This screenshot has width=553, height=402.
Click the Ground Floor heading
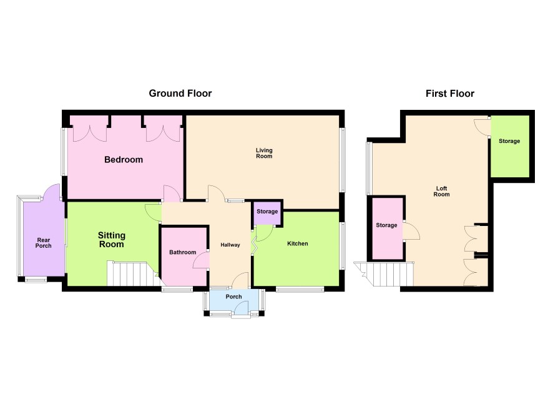coord(180,94)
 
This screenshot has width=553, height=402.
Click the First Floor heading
coord(449,94)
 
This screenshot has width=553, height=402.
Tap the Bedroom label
coord(124,159)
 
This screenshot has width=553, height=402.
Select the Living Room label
coord(264,153)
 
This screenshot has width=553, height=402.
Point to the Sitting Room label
coord(112,240)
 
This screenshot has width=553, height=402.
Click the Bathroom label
coord(183,252)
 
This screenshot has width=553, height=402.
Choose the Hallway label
coord(230,245)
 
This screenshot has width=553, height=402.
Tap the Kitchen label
coord(298,243)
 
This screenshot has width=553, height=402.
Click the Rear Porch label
coord(44,243)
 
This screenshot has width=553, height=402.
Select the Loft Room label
coord(441,191)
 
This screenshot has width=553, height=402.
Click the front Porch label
coord(234,297)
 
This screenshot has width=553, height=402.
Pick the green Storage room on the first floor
coord(510,146)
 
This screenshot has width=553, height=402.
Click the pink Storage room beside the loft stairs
coord(388,228)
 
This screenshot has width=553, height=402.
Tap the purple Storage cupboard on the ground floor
coord(267,213)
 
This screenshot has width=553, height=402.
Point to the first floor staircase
coord(384,274)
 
